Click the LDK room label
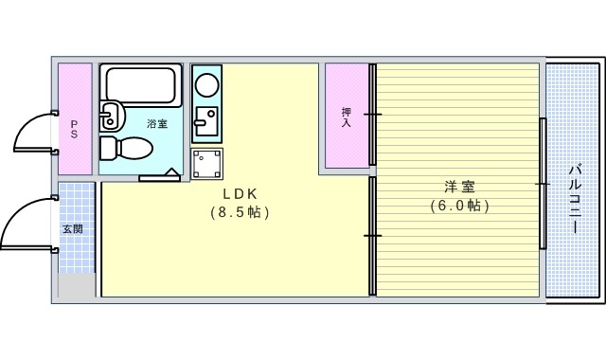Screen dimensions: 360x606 coord(240,193)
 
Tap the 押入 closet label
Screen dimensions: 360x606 coord(347,117)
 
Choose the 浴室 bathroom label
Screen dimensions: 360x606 coord(156,124)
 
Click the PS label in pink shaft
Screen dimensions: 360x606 coord(75,128)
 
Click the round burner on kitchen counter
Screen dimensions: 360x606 coord(206,83)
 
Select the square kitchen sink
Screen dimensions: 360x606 coord(205,122)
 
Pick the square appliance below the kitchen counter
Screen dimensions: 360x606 coord(206,162)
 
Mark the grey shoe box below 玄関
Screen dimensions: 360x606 coord(77,286)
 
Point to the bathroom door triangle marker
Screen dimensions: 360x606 coord(172,173)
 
